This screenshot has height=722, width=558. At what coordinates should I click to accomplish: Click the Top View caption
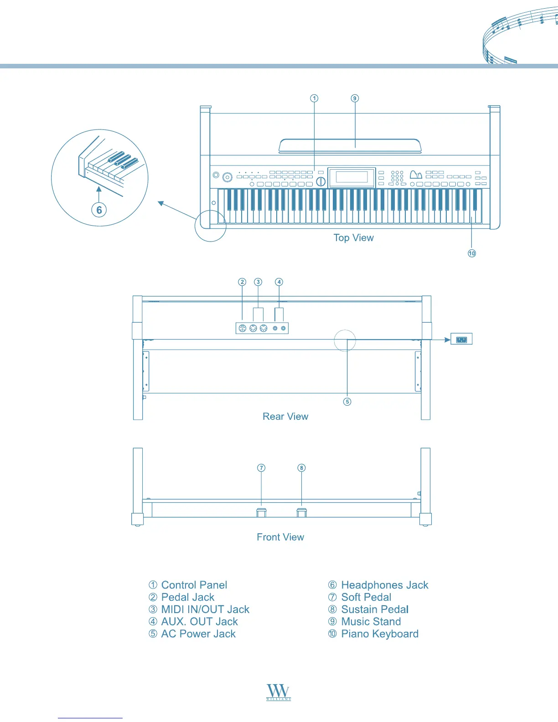pyautogui.click(x=353, y=238)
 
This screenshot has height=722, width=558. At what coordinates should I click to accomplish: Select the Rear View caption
pyautogui.click(x=285, y=417)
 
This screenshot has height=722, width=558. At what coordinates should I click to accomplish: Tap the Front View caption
pyautogui.click(x=280, y=537)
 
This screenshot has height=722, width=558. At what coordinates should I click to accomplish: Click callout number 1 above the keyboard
pyautogui.click(x=314, y=98)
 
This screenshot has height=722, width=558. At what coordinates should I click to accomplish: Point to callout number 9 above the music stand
pyautogui.click(x=355, y=98)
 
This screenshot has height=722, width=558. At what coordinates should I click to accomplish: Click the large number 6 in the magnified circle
pyautogui.click(x=99, y=210)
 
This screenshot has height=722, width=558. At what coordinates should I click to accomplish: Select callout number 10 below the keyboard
pyautogui.click(x=472, y=253)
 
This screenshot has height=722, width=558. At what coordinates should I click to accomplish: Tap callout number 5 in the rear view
pyautogui.click(x=347, y=402)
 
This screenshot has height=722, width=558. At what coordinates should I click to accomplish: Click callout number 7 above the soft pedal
pyautogui.click(x=261, y=468)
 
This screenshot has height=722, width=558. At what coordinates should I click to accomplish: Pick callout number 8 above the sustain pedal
pyautogui.click(x=301, y=468)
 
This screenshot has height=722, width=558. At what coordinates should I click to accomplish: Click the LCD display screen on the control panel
pyautogui.click(x=351, y=177)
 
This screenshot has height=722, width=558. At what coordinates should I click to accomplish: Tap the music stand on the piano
pyautogui.click(x=349, y=146)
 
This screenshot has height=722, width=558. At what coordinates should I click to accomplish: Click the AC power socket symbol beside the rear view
pyautogui.click(x=461, y=339)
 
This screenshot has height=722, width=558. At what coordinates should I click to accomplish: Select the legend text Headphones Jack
pyautogui.click(x=384, y=585)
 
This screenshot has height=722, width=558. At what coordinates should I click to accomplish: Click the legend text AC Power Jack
pyautogui.click(x=198, y=634)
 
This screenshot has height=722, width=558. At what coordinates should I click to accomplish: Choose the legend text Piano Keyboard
pyautogui.click(x=379, y=634)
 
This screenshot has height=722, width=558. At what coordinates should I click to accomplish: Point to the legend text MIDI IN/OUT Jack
pyautogui.click(x=205, y=609)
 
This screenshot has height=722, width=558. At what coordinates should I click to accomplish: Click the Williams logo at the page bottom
pyautogui.click(x=279, y=692)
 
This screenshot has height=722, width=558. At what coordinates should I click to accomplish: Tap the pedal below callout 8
pyautogui.click(x=302, y=512)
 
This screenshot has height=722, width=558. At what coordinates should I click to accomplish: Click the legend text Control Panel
pyautogui.click(x=194, y=585)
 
